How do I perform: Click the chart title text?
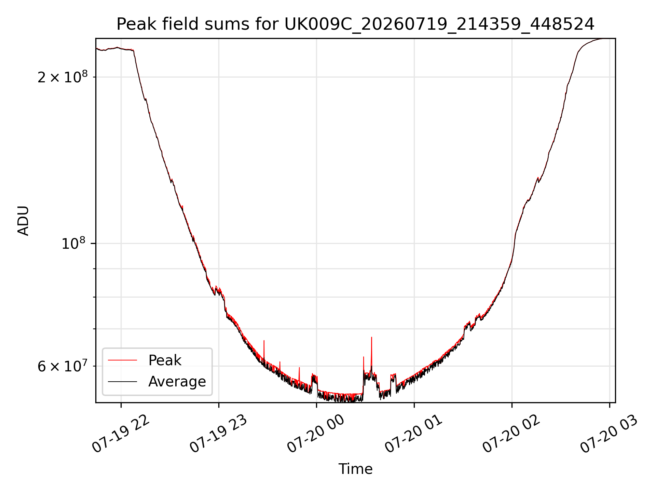point(355,24)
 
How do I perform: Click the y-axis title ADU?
point(23,221)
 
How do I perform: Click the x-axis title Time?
point(355,469)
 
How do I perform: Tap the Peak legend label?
point(165,360)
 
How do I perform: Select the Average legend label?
point(177,382)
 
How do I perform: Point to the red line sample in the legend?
point(122,360)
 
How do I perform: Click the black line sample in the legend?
point(122,381)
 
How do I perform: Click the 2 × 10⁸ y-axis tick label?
point(63,77)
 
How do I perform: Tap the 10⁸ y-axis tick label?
point(73,243)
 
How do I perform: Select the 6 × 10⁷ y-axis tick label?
point(63,366)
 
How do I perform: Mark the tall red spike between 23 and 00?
point(264,350)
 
